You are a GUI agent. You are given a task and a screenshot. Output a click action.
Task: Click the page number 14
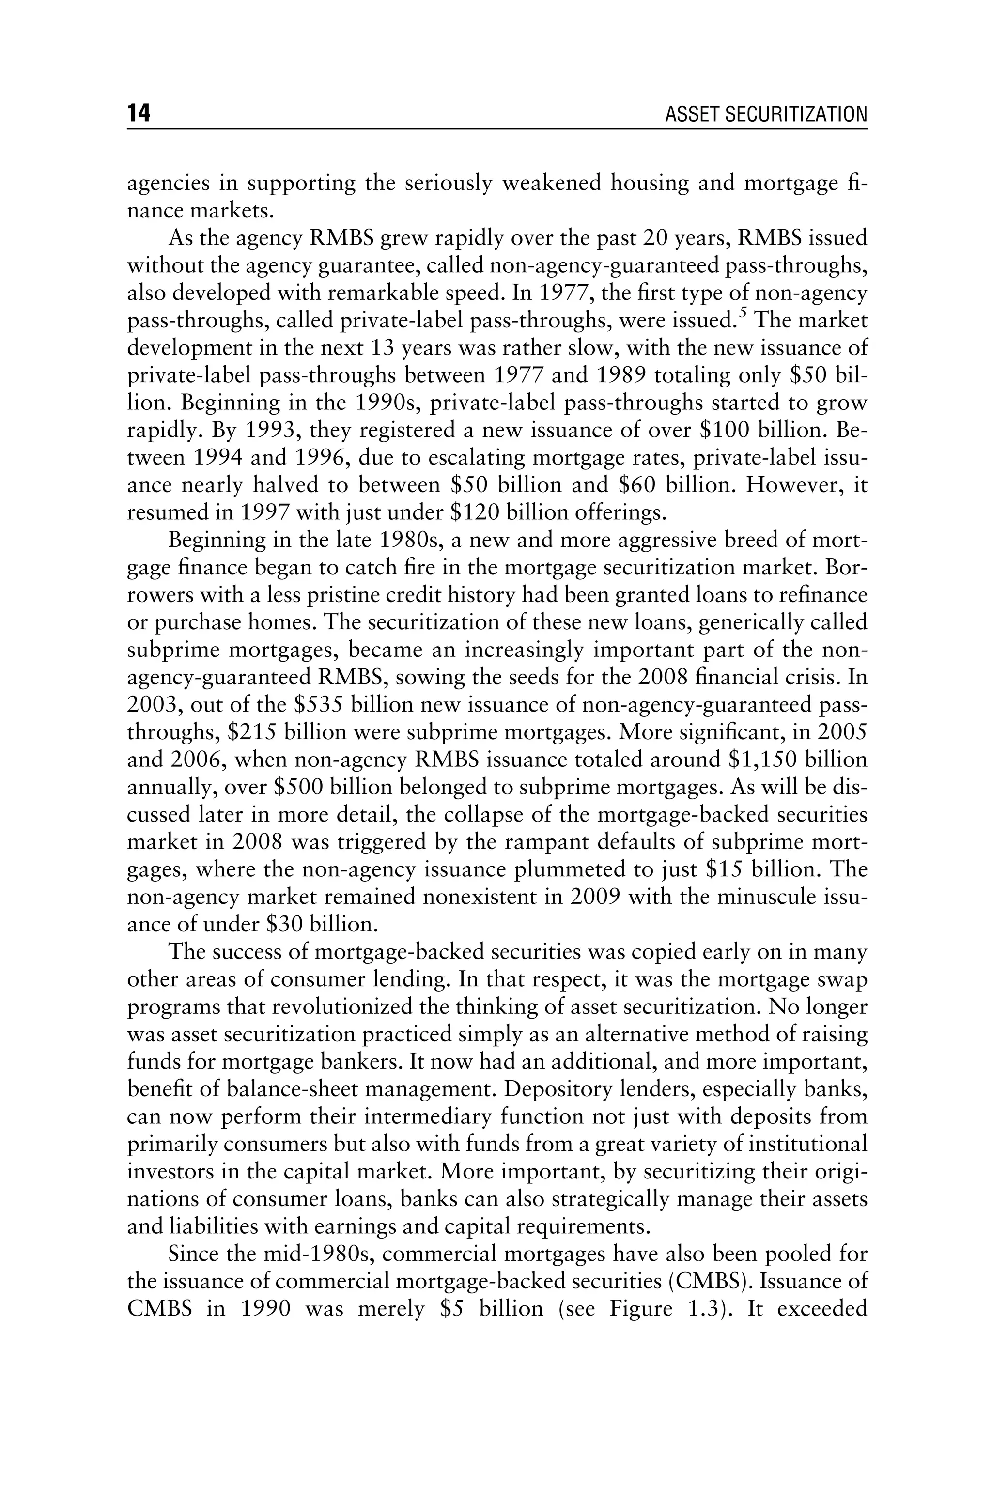[139, 113]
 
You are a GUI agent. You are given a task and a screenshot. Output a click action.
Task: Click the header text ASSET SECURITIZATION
[766, 114]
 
